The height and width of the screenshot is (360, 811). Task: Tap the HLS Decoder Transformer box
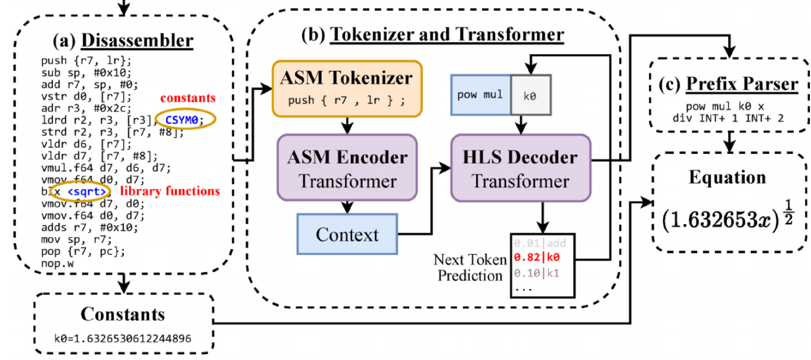point(521,169)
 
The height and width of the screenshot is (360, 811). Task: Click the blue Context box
point(347,234)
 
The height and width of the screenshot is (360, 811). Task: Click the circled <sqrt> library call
point(88,192)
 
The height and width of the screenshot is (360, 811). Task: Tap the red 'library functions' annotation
point(170,192)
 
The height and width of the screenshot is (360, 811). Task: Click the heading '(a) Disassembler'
point(123,41)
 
